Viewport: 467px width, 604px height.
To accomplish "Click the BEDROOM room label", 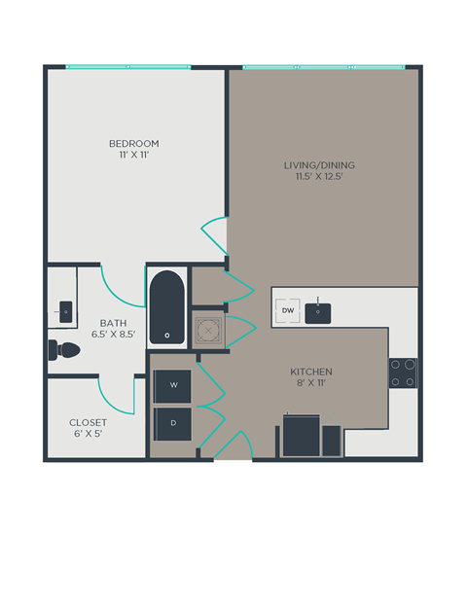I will [133, 144].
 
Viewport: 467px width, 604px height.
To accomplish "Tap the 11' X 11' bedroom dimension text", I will [133, 156].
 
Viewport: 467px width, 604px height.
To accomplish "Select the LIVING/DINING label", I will [312, 164].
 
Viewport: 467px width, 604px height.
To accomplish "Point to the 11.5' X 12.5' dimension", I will [312, 176].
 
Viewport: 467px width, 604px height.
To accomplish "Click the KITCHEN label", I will [311, 372].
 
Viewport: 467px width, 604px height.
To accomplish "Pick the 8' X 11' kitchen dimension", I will [311, 384].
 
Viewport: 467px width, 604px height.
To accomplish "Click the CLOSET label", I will [88, 422].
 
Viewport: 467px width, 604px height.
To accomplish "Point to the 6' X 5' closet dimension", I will [88, 434].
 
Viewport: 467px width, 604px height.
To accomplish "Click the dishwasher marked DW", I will [287, 311].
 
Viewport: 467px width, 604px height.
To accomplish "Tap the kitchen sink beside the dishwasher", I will [318, 312].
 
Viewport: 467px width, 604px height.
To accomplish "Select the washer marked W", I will [174, 385].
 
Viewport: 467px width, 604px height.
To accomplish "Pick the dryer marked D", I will [174, 423].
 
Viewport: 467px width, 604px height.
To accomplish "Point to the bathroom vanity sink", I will [64, 311].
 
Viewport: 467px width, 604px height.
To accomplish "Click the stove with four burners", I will [404, 373].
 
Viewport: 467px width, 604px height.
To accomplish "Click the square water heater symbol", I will [207, 332].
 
